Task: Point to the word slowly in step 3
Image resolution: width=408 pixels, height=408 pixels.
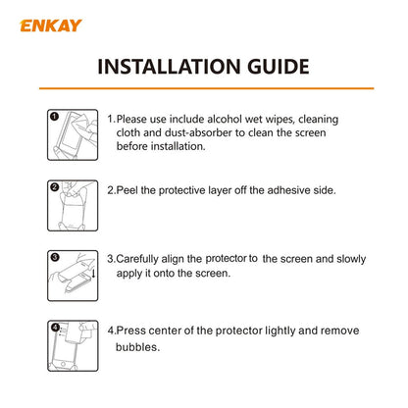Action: pyautogui.click(x=348, y=259)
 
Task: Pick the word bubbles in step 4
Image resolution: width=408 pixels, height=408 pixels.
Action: pyautogui.click(x=138, y=347)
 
